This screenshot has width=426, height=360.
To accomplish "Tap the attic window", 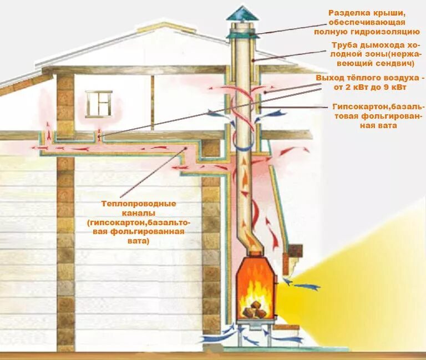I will (x=99, y=103).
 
